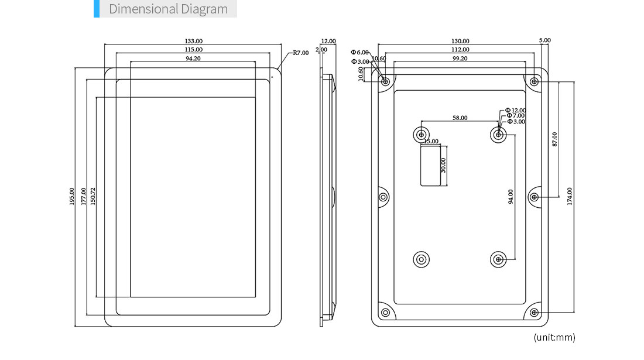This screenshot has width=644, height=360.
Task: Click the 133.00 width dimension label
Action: click(x=193, y=41)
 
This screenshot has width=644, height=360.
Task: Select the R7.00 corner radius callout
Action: click(x=301, y=53)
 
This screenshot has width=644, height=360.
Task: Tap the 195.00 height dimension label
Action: click(x=72, y=197)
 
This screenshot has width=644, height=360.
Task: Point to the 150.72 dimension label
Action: click(x=93, y=197)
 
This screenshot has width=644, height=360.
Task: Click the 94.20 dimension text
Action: click(x=193, y=59)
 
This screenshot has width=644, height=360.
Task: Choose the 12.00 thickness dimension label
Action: click(x=328, y=41)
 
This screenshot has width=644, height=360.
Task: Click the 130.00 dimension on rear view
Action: click(x=460, y=41)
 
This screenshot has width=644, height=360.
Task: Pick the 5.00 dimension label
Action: click(x=544, y=40)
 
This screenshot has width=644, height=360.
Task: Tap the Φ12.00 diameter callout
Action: click(x=515, y=111)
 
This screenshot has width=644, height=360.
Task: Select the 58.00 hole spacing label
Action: click(x=460, y=118)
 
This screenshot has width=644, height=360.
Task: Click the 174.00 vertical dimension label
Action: click(x=569, y=197)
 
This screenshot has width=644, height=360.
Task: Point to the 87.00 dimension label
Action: click(x=554, y=139)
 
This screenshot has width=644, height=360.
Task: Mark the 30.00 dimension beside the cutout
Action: click(x=443, y=166)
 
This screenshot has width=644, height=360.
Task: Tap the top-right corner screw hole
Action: click(x=534, y=82)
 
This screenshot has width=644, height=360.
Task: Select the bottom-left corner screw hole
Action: click(x=385, y=313)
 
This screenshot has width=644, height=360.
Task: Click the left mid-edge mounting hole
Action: click(x=383, y=197)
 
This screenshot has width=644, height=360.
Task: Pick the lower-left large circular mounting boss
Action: click(x=421, y=259)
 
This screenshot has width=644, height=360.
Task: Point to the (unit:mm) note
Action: click(x=554, y=337)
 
